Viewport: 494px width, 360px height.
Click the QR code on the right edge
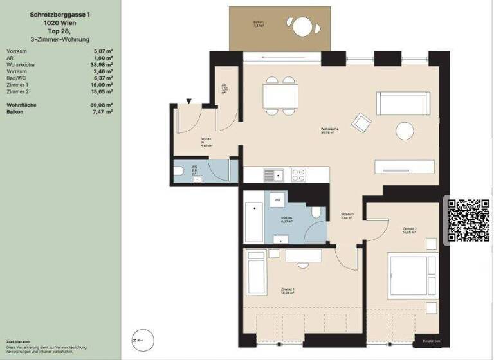click(468, 221)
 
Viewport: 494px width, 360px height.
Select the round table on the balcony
click(302, 26)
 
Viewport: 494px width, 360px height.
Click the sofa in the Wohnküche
click(403, 103)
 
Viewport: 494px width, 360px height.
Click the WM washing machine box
click(277, 200)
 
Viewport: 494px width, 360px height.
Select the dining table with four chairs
click(280, 96)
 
